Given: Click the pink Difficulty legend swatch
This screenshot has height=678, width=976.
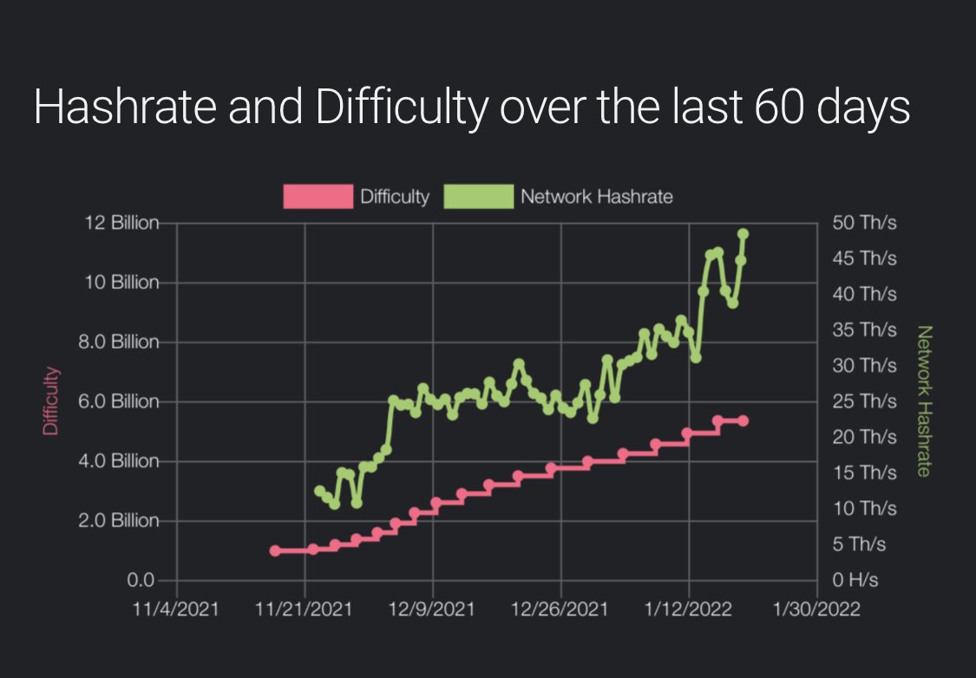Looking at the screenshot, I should [318, 197].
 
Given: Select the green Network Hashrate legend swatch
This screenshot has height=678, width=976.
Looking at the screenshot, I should [478, 197].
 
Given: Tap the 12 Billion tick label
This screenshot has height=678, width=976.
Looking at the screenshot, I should [122, 224].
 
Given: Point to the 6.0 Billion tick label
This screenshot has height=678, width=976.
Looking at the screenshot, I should [122, 401].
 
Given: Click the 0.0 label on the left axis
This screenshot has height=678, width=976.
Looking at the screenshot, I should [142, 580].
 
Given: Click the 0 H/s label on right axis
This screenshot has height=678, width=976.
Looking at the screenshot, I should [855, 580].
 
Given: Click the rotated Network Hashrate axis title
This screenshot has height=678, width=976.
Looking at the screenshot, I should [924, 401].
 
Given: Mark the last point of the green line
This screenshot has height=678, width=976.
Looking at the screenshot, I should [743, 233].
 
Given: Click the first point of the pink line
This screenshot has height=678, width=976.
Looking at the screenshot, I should [275, 551].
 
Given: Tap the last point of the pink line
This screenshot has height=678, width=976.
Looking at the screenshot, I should [743, 420].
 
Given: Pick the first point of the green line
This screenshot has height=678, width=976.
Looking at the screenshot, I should [319, 491].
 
